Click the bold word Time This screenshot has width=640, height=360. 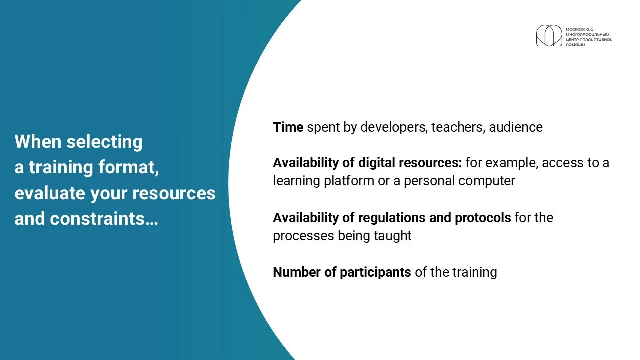288,127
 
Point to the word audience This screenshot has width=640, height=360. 516,127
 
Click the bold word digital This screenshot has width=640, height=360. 377,163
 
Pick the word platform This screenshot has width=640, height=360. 349,181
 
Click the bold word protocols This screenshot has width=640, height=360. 483,218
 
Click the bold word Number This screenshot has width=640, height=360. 297,272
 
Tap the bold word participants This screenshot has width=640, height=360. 375,272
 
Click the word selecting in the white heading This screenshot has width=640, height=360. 104,142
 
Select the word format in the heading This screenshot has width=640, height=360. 129,167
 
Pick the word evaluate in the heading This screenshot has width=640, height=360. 50,193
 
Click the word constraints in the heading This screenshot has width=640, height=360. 104,219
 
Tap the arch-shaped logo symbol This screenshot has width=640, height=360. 549,35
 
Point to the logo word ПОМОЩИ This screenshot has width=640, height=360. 575,45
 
